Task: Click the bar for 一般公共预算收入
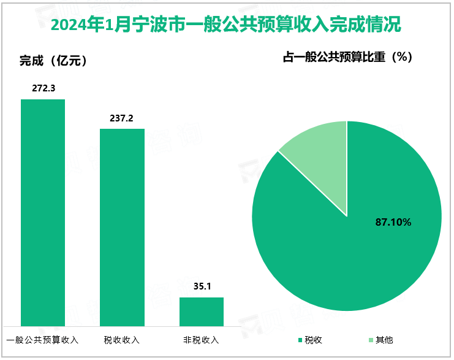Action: (x=43, y=212)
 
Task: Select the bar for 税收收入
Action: (x=122, y=227)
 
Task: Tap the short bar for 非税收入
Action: (x=201, y=311)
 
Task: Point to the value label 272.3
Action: (x=44, y=88)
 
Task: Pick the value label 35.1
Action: (x=201, y=286)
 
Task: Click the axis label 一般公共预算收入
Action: (x=43, y=339)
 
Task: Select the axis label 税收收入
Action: (x=122, y=339)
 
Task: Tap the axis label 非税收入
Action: (x=201, y=339)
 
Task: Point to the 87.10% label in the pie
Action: (x=393, y=223)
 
